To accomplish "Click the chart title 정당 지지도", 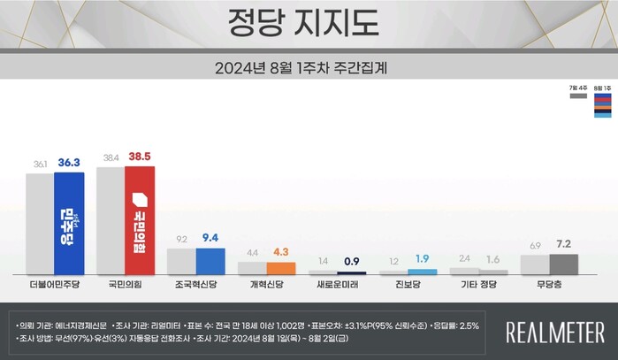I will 309,20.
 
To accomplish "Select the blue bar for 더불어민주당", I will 69,223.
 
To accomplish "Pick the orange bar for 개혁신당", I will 281,268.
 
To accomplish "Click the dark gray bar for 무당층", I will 564,264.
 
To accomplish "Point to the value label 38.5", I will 140,157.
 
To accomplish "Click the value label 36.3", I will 69,164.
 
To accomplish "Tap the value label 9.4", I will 210,238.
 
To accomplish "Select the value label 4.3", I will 281,252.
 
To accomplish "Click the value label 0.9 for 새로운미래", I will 352,262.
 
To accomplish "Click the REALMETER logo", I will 555,332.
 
